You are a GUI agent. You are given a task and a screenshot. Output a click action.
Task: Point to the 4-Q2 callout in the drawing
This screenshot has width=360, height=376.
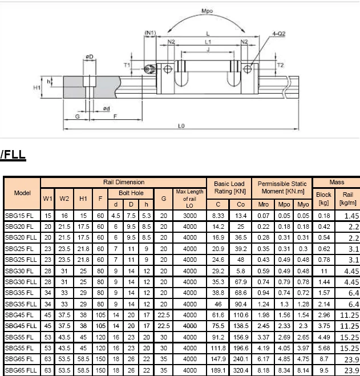click(x=278, y=34)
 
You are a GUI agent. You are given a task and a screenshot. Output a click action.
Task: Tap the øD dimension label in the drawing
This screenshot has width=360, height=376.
click(x=89, y=56)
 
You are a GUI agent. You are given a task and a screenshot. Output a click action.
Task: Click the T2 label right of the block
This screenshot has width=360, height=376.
click(x=280, y=66)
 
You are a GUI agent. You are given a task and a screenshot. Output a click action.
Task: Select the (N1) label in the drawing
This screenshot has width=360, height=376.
click(x=150, y=33)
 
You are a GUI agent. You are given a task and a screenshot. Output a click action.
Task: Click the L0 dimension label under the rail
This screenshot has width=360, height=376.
click(x=181, y=125)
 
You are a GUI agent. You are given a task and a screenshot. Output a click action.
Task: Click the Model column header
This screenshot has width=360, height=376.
click(x=22, y=193)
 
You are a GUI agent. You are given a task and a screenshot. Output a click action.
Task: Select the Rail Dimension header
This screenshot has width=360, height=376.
click(x=123, y=183)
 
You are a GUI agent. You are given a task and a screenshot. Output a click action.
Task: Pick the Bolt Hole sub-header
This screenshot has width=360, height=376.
click(x=131, y=193)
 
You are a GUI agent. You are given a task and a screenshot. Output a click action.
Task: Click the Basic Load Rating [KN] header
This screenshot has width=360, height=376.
click(x=229, y=187)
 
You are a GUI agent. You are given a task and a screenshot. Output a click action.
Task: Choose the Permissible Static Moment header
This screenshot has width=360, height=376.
click(x=282, y=187)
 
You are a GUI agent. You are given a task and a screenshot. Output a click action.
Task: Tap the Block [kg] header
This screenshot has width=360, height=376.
click(x=323, y=199)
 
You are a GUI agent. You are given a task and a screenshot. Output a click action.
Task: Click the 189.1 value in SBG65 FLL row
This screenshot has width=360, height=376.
click(x=218, y=370)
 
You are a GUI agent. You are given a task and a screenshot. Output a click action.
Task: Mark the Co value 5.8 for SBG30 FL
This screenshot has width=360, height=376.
click(x=241, y=271)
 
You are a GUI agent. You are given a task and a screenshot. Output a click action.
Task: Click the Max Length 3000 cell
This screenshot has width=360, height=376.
click(x=189, y=216)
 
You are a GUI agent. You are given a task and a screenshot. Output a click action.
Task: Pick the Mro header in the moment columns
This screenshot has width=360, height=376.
click(x=263, y=204)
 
